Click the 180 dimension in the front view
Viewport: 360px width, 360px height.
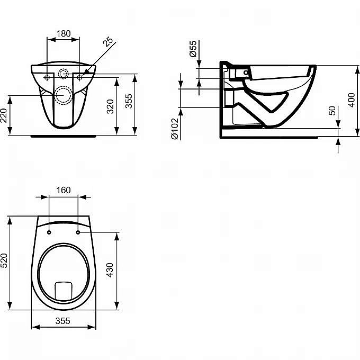(63, 33)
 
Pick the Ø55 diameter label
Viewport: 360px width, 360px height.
(193, 49)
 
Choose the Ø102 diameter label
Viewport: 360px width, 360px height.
(174, 129)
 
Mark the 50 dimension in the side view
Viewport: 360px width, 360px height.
(332, 111)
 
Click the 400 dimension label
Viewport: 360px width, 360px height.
(351, 99)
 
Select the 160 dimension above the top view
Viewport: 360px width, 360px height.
(63, 191)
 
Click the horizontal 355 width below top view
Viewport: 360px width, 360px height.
(63, 321)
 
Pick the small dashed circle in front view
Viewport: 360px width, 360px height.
(64, 75)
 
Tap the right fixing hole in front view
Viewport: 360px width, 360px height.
(80, 78)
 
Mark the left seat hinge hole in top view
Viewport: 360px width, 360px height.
(49, 232)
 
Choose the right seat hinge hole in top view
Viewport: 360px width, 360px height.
(78, 232)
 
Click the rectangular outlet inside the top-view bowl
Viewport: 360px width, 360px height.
(64, 289)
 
